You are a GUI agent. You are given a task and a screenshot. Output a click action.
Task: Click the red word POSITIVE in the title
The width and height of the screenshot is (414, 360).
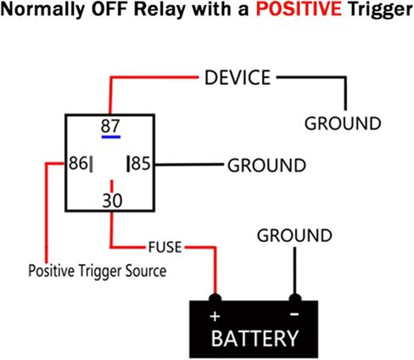299,9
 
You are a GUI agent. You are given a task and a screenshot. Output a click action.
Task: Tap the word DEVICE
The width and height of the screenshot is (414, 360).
238,77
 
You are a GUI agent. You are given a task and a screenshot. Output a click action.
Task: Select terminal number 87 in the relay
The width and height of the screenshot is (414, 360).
110,126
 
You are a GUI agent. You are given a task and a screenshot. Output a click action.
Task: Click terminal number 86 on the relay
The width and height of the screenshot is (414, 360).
78,163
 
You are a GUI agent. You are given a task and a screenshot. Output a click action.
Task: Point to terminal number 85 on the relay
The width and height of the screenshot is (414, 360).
141,163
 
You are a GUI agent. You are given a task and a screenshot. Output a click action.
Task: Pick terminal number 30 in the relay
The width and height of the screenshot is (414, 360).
112,200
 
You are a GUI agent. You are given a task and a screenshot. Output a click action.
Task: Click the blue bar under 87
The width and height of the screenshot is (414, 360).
111,137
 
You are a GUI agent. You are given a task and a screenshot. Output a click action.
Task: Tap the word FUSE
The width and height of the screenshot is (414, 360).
165,247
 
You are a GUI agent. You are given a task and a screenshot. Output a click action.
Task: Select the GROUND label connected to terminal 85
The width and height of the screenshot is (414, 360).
266,166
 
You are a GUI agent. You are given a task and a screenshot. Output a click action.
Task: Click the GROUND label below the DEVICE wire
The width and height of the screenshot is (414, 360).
343,123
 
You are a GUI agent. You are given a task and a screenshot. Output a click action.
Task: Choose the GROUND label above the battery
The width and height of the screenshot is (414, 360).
294,235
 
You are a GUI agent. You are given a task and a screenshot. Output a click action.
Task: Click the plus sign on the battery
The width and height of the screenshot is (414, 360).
215,316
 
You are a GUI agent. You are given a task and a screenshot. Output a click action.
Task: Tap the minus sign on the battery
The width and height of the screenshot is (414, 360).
294,314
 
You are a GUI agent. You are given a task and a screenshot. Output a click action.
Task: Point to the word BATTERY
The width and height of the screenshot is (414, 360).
255,338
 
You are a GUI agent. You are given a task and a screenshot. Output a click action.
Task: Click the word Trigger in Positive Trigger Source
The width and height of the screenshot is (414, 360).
100,271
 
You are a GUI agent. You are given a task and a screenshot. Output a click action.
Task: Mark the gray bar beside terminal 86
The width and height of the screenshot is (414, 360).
91,164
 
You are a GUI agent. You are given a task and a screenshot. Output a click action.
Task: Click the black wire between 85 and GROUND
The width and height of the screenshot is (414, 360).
189,165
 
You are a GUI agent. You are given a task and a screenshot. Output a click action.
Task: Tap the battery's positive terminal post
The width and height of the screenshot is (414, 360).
215,299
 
